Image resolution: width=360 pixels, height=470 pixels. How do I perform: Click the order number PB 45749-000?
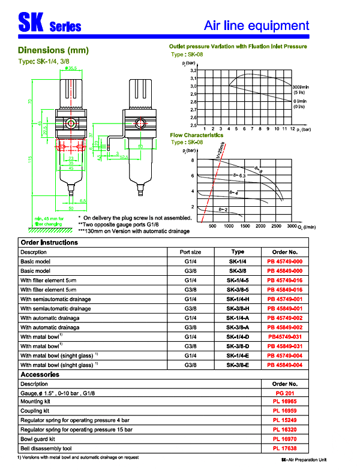tap(285, 262)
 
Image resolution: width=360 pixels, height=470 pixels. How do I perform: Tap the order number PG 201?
tap(285, 393)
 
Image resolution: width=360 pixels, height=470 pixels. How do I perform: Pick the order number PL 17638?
tap(285, 448)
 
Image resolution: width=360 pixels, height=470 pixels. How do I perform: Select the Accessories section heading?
tap(40, 375)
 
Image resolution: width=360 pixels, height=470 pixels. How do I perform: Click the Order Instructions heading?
tap(49, 243)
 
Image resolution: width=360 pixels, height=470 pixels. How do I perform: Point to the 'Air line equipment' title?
tap(256, 26)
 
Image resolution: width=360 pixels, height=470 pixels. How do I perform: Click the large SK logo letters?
tap(29, 24)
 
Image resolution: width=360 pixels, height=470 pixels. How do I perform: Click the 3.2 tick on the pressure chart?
tap(193, 71)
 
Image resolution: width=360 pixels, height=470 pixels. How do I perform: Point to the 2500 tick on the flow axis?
tap(276, 226)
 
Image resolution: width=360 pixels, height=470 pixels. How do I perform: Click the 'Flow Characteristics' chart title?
tap(200, 135)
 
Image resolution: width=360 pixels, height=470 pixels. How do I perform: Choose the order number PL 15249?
tap(285, 420)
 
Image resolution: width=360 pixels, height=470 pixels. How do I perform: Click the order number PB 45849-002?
tap(285, 327)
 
